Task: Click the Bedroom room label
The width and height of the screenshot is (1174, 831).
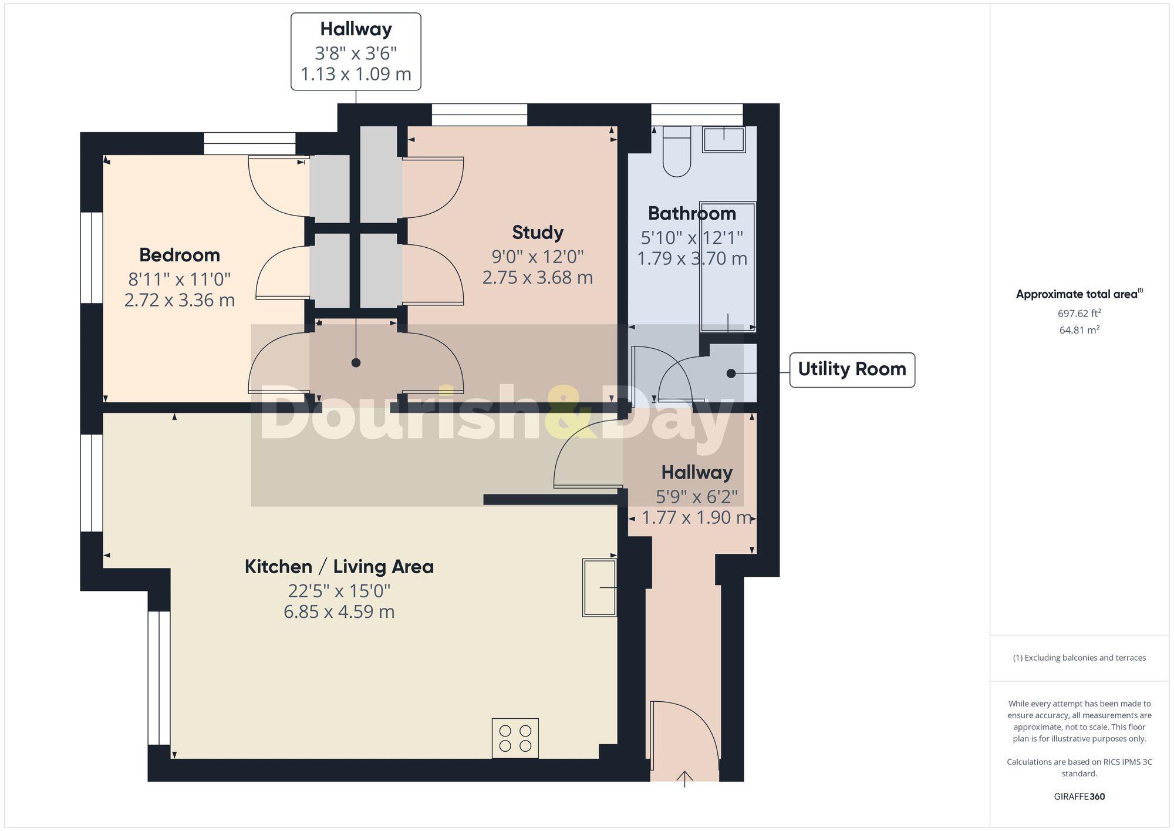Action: tap(180, 255)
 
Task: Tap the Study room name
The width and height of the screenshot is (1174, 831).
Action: tap(538, 233)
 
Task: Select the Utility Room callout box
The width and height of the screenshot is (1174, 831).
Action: tap(852, 369)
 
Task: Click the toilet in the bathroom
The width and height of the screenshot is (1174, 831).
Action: tap(676, 152)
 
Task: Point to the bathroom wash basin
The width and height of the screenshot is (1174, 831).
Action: tap(724, 139)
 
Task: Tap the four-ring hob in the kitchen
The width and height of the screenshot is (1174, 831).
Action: tap(515, 738)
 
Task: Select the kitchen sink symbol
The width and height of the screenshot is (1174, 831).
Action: tap(599, 587)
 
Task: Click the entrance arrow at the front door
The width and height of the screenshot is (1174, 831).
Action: tap(684, 779)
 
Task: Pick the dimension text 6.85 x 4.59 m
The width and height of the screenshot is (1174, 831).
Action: tap(339, 612)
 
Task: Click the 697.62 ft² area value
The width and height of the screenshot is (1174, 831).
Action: tap(1079, 314)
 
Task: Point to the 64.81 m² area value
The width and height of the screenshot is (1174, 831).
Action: tap(1079, 330)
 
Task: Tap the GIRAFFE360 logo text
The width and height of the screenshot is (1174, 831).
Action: tap(1079, 797)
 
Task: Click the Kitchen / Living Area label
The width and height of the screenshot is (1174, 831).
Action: tap(339, 567)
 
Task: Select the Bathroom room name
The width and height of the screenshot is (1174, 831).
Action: tap(691, 213)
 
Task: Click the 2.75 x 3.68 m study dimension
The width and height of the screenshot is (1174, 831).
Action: tap(537, 277)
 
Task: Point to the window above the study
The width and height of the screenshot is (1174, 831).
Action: tap(480, 115)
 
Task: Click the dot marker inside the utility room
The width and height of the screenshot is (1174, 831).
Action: tap(731, 374)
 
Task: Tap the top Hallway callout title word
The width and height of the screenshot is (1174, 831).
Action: tap(356, 29)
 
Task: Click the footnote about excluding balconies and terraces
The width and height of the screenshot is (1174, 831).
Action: tap(1079, 658)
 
